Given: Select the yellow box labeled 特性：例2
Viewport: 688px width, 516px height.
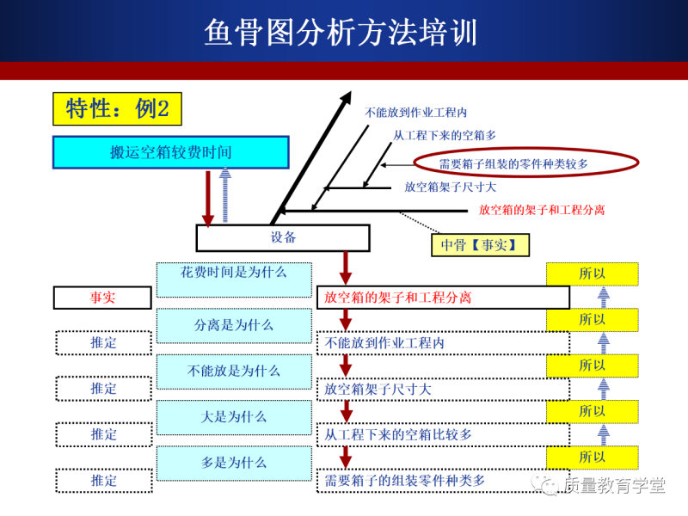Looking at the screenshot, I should (118, 108).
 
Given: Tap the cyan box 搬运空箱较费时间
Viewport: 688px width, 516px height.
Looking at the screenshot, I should (171, 152).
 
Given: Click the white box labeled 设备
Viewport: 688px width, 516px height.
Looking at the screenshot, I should (283, 238).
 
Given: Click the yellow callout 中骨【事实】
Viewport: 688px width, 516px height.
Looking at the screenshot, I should (480, 245).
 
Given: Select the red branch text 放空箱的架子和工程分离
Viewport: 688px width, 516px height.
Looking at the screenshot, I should (541, 210).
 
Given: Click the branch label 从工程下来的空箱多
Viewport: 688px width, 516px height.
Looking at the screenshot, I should (444, 135).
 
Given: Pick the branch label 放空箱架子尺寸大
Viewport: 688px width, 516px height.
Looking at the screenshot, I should (450, 186).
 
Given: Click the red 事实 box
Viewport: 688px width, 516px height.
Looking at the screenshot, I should (102, 298).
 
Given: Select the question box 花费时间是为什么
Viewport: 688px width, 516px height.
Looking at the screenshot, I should (234, 273).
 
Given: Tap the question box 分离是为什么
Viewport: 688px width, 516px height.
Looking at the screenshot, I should (234, 325).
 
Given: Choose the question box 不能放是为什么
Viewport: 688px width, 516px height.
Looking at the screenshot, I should (234, 371).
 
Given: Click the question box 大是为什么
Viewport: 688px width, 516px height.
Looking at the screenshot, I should (234, 417).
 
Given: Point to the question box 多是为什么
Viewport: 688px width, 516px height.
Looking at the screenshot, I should (234, 463).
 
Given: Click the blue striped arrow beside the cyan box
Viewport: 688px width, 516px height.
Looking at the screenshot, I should (225, 195).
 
